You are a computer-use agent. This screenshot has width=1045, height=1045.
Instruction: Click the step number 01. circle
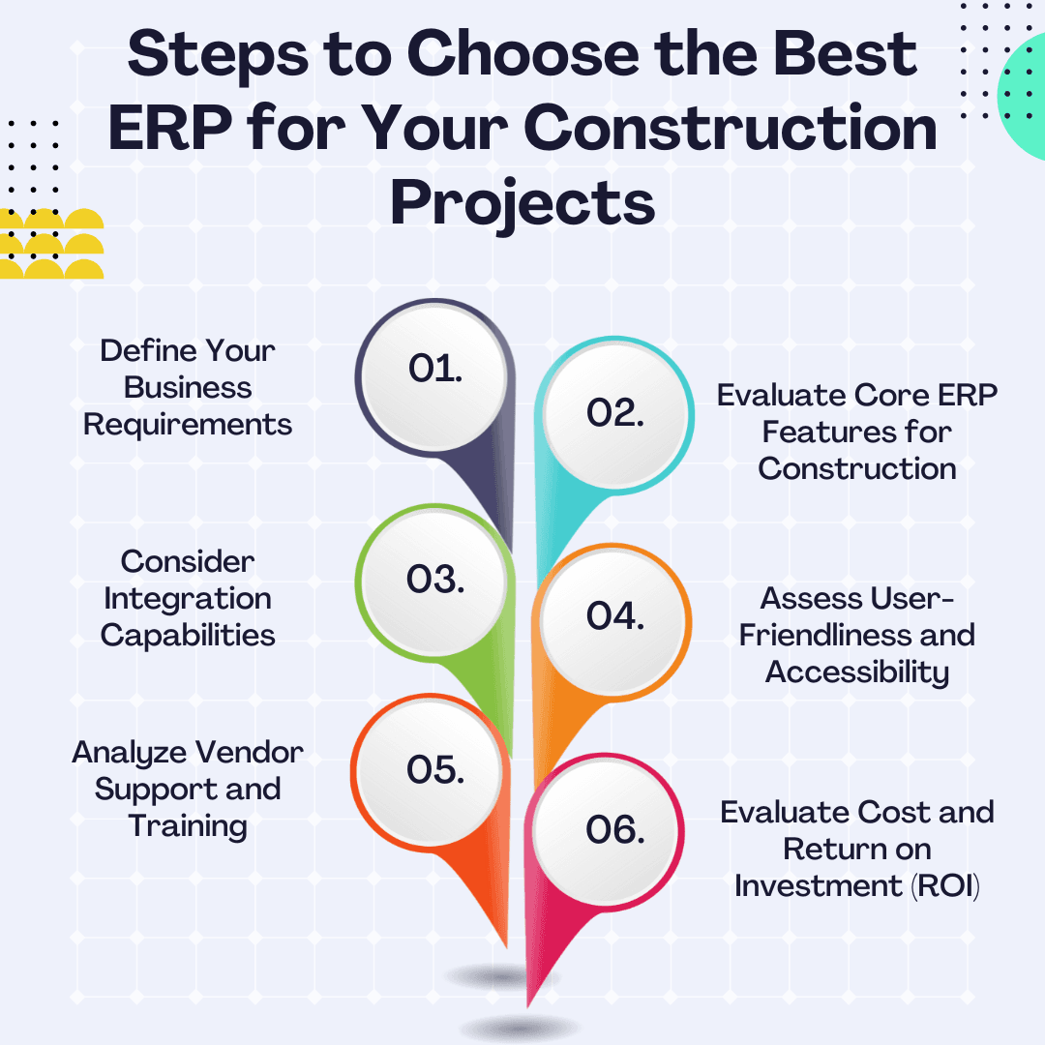click(432, 371)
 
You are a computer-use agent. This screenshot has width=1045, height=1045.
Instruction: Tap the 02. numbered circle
click(616, 413)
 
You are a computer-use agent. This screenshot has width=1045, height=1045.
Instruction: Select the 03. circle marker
click(432, 580)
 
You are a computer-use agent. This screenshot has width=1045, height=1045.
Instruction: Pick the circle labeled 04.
click(616, 616)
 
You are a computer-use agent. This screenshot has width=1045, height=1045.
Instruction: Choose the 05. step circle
click(432, 771)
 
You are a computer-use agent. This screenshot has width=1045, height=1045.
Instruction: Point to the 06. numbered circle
click(616, 830)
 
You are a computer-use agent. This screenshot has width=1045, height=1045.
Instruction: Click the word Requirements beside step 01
click(188, 425)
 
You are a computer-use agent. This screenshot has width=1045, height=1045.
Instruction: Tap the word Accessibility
click(857, 672)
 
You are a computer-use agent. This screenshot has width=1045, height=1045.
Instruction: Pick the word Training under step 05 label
click(188, 826)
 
